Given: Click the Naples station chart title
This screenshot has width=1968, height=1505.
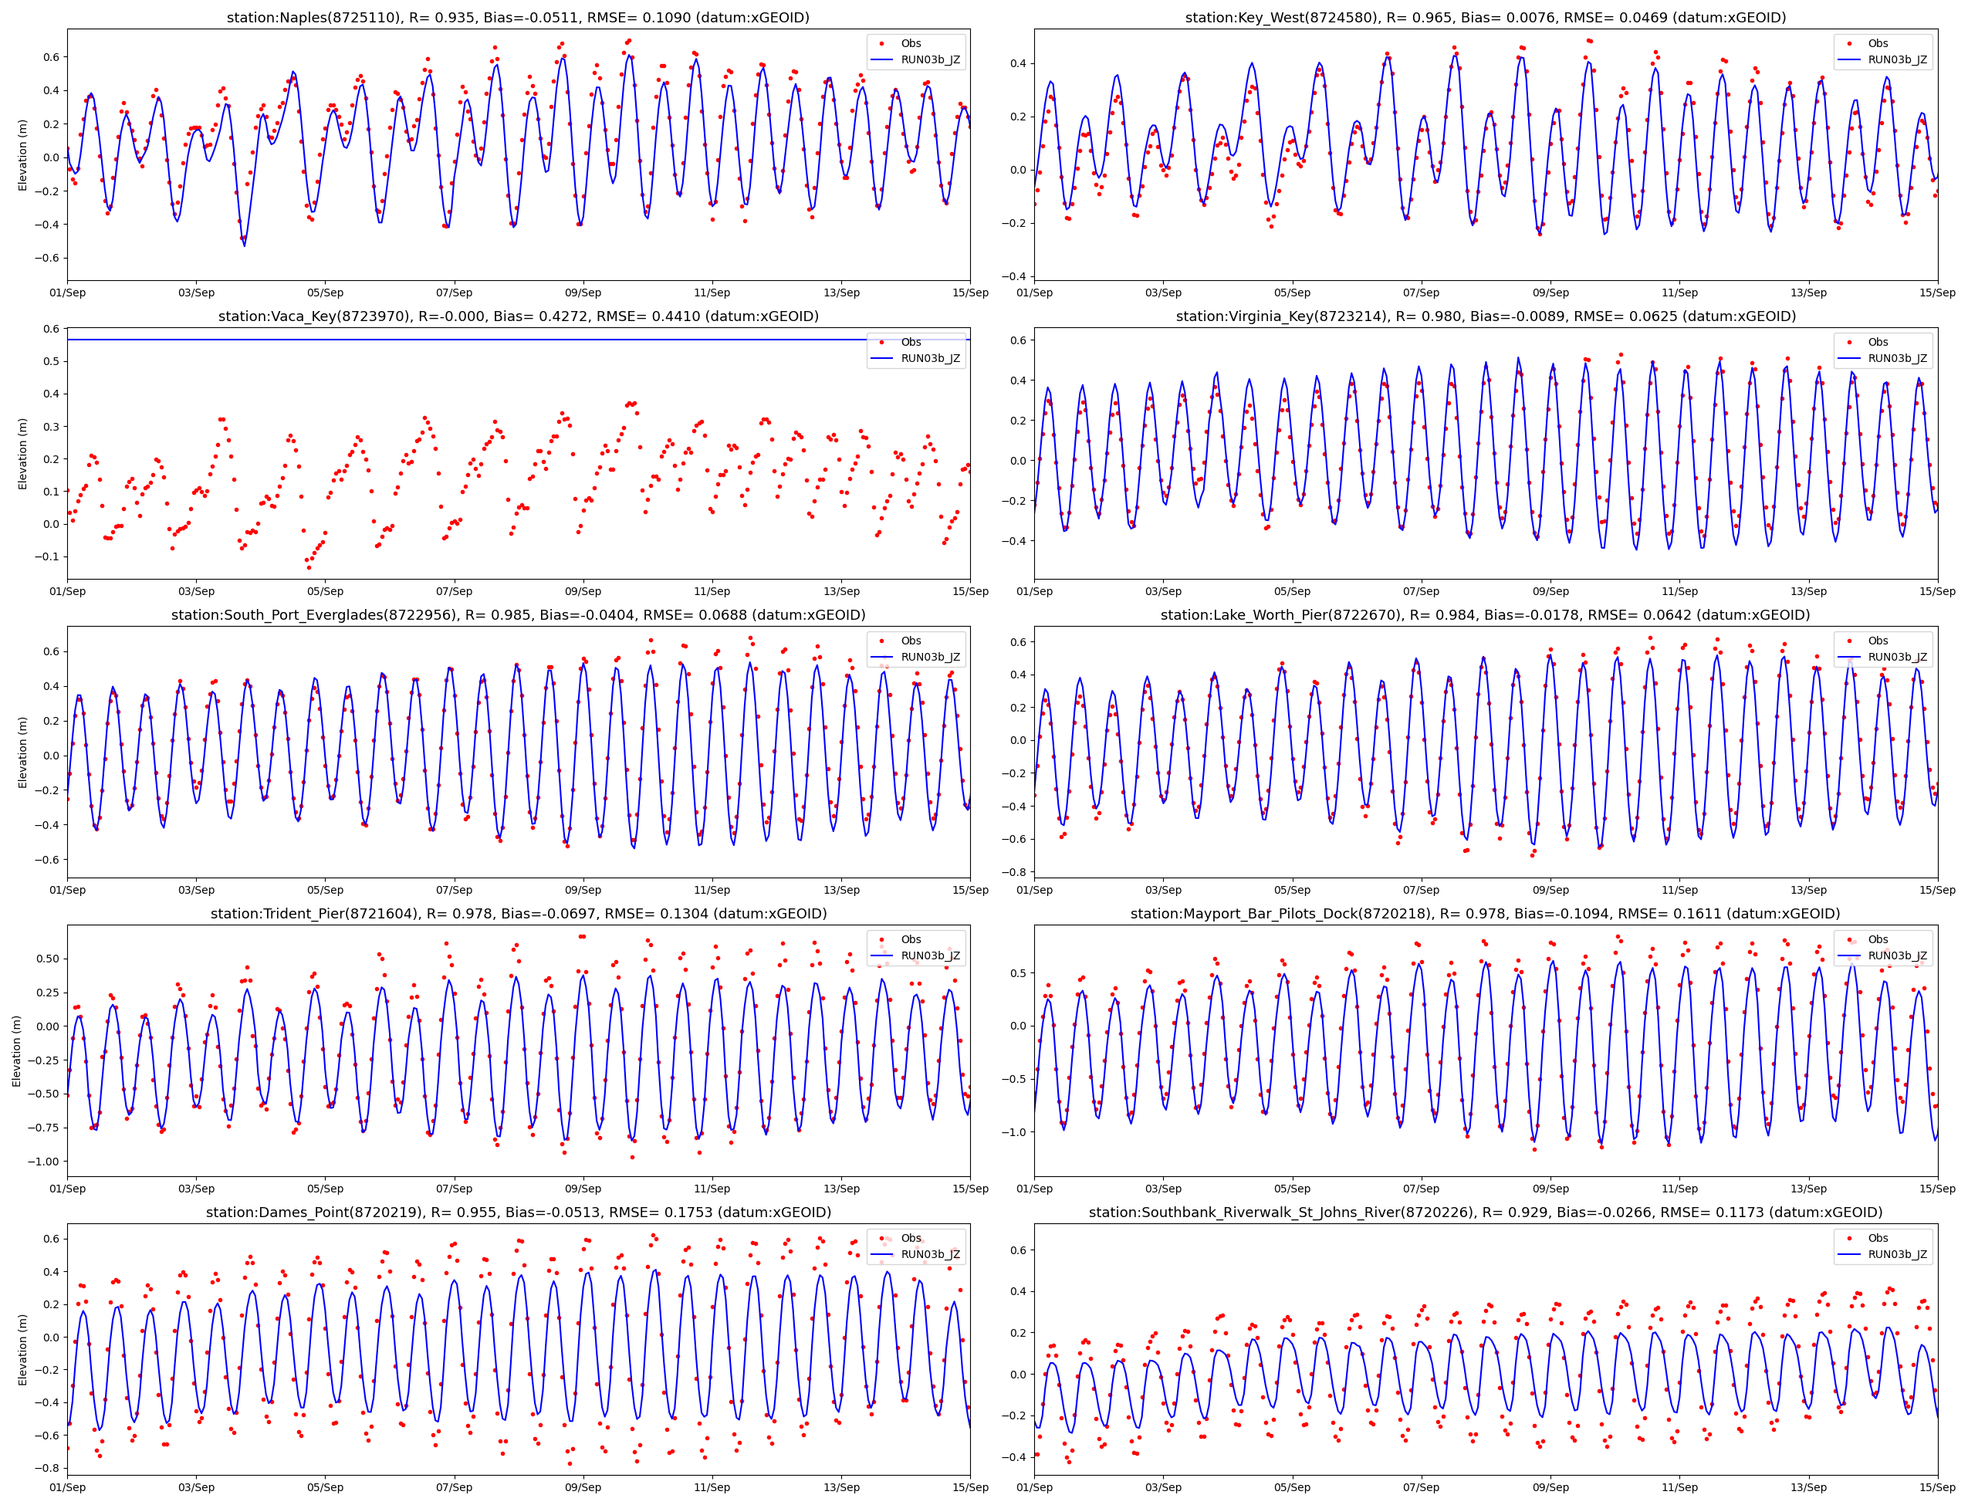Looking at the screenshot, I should (x=518, y=18).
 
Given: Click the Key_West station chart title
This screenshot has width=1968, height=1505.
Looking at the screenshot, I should (x=1485, y=18).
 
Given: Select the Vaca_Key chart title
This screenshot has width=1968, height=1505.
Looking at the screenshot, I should (x=518, y=316).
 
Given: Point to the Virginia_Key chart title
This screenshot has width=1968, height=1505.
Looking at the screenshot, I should (x=1485, y=316).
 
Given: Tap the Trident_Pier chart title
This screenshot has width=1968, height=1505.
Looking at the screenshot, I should (x=518, y=914).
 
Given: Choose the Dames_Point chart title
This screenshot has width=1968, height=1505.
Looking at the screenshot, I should (x=518, y=1212).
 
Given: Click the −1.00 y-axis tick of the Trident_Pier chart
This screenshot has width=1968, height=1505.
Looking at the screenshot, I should (x=42, y=1161).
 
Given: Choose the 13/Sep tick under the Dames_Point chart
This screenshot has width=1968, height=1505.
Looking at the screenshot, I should (x=841, y=1487).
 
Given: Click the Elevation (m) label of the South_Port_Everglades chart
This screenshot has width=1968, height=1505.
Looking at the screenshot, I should (x=23, y=752).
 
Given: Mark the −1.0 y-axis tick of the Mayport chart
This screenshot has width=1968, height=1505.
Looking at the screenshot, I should (x=1014, y=1132).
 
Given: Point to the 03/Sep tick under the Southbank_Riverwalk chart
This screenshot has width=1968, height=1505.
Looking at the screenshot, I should (x=1163, y=1487).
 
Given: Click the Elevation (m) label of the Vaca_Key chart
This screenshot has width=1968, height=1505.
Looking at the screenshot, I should (x=23, y=453).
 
